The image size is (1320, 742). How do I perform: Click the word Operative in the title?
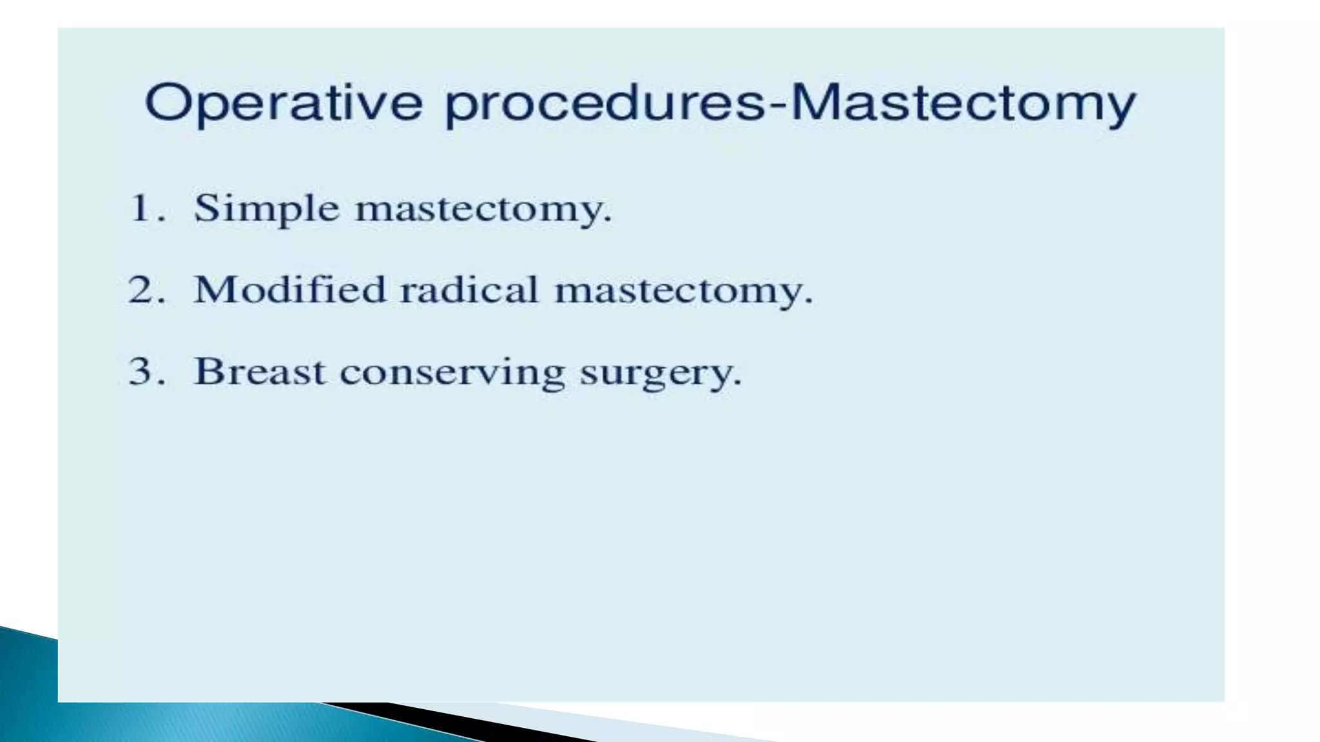click(284, 103)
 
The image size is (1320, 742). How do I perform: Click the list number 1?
click(141, 209)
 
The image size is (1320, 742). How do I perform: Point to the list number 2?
click(142, 290)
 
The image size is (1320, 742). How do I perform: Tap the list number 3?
click(142, 372)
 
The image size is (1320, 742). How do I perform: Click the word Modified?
click(289, 290)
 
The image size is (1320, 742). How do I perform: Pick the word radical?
click(469, 290)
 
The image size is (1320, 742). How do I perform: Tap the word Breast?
click(259, 372)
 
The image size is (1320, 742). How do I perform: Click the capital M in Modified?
click(212, 290)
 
